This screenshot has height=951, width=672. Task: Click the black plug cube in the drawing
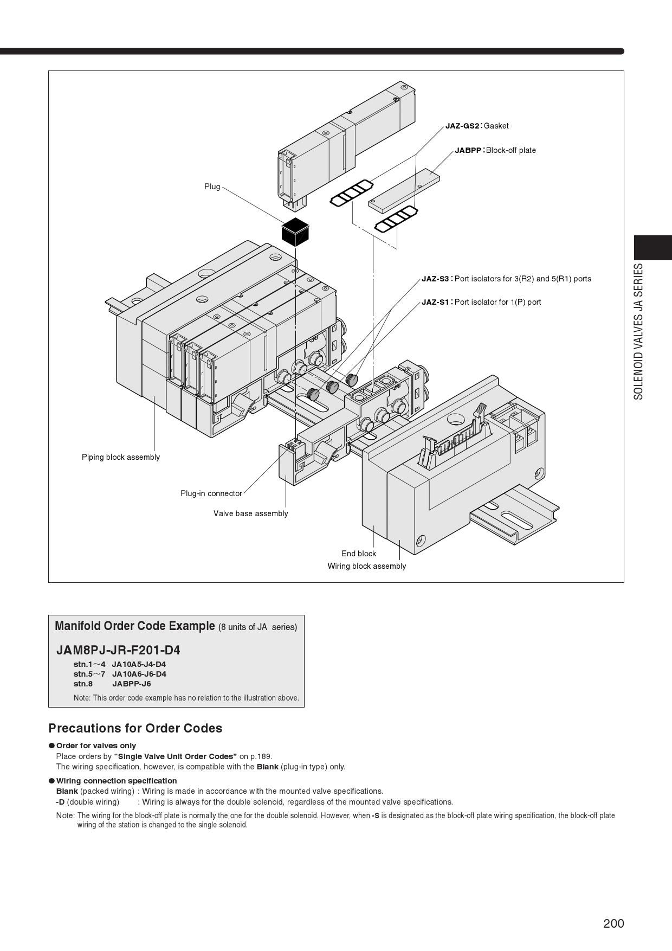(295, 232)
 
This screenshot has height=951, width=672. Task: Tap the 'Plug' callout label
(212, 187)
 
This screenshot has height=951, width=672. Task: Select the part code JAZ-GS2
(462, 126)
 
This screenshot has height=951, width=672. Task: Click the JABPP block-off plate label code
(468, 150)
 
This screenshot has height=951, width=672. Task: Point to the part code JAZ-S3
(435, 279)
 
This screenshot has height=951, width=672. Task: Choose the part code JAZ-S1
(435, 302)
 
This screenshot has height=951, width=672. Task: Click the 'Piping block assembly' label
(121, 457)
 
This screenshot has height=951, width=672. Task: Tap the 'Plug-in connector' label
(211, 493)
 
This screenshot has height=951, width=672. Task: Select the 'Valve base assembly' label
(251, 513)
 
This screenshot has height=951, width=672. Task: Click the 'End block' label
(359, 554)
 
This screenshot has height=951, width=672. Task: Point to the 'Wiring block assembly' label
(367, 566)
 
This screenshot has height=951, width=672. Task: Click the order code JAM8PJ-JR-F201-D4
(118, 650)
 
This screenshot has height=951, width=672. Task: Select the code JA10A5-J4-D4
(139, 664)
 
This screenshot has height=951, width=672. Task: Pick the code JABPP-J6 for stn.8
(132, 684)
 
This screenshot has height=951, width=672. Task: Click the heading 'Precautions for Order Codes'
(135, 728)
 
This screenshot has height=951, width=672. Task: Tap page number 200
(614, 923)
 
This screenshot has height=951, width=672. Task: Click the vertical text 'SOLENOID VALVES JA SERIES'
(639, 332)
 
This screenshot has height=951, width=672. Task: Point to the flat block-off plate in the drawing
(404, 189)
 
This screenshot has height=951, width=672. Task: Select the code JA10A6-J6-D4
(139, 674)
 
